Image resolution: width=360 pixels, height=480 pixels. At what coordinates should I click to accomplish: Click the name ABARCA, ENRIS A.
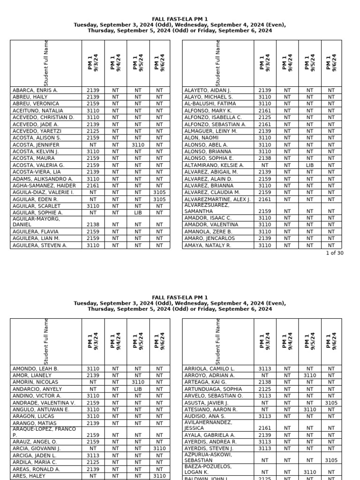coord(35,90)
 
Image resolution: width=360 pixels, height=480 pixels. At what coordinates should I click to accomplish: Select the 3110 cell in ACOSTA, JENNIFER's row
coord(138,145)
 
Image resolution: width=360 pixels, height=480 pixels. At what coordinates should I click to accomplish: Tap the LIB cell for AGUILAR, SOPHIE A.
coord(138,213)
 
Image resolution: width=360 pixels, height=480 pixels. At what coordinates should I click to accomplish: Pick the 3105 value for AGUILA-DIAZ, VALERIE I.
coord(159,192)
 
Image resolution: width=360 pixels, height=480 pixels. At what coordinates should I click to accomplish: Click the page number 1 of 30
coord(335,253)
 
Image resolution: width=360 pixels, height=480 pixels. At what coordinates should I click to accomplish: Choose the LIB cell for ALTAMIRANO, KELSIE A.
coord(310,165)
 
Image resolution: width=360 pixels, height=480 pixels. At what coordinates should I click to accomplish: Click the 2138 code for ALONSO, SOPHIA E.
coord(265,158)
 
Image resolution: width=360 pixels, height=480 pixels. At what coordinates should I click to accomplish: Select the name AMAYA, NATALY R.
coord(208,245)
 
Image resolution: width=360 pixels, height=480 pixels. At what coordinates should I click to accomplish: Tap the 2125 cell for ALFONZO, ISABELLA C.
coord(265,117)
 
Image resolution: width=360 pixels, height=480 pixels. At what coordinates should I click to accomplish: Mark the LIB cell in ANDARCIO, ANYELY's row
coord(138,389)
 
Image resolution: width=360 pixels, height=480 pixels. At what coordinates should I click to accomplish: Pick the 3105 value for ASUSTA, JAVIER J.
coord(331,403)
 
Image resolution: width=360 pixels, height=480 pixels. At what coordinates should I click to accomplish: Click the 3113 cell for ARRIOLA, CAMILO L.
coord(265,369)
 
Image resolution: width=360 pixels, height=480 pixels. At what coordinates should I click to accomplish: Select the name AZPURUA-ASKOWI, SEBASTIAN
coord(208,457)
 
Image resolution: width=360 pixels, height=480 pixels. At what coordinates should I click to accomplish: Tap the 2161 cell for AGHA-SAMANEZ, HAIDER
coord(93,186)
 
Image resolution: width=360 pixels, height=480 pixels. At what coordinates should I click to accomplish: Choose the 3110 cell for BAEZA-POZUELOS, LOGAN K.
coord(310,472)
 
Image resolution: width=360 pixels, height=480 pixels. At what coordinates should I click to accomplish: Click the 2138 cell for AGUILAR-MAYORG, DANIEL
coord(93,225)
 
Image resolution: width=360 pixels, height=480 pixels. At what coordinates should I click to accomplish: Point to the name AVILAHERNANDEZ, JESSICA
coord(209,425)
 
